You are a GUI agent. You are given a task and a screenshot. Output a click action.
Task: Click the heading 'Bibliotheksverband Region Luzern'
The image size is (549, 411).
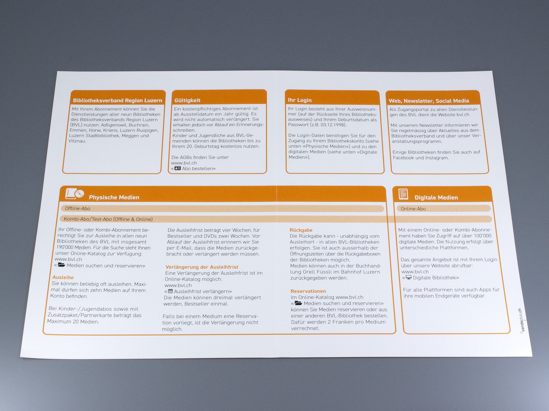[x=117, y=101]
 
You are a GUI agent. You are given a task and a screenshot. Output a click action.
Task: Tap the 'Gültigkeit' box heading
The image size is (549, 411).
[x=187, y=100]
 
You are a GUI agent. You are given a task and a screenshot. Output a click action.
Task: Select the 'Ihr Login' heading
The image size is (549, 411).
[x=300, y=100]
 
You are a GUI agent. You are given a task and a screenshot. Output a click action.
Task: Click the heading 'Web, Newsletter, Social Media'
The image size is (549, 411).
[x=429, y=101]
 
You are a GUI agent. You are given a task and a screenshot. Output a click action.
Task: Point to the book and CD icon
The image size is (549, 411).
[x=74, y=194]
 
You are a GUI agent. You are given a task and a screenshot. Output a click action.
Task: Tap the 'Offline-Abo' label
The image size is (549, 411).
[x=77, y=209]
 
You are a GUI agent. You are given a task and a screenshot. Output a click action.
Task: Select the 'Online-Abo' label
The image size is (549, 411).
[x=413, y=209]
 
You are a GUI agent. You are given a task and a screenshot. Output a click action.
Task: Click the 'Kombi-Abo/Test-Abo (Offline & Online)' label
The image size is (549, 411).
[x=108, y=219]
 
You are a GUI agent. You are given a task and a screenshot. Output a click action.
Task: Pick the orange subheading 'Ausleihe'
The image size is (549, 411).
[x=63, y=277]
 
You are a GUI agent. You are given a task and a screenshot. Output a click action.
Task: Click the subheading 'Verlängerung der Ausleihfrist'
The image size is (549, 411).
[x=202, y=267]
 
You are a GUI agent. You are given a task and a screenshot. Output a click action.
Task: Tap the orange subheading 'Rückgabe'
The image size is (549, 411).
[x=301, y=230]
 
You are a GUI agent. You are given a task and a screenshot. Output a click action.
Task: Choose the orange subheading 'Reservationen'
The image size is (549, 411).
[x=308, y=291]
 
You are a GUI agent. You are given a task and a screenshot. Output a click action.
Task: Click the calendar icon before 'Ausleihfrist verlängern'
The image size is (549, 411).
[x=170, y=291]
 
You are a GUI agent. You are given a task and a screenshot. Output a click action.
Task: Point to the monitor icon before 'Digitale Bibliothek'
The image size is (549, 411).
[x=409, y=277]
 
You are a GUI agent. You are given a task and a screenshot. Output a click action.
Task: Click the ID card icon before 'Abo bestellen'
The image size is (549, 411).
[x=178, y=168]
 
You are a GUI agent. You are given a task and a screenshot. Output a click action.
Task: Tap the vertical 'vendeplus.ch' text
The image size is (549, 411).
[x=521, y=320]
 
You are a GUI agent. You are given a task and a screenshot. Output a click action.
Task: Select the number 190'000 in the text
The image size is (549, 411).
[x=65, y=247]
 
